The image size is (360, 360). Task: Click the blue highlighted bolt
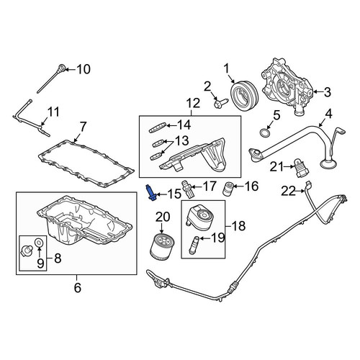151,193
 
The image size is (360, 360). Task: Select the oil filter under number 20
161,247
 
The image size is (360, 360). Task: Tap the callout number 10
84,69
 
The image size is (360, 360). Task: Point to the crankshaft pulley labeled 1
244,96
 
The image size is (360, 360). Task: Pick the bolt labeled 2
220,104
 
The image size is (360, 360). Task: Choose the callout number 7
83,127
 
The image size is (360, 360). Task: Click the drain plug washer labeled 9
38,243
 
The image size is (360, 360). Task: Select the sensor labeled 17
187,189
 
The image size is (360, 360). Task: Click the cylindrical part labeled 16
228,189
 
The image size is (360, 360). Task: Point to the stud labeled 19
194,246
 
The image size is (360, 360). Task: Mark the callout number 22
289,192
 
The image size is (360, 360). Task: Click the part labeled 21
300,169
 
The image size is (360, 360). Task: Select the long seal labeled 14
157,127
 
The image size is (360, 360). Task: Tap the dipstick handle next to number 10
62,68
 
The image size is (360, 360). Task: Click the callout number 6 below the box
77,287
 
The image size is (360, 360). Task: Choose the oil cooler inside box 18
199,216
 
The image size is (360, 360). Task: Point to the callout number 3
328,92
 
